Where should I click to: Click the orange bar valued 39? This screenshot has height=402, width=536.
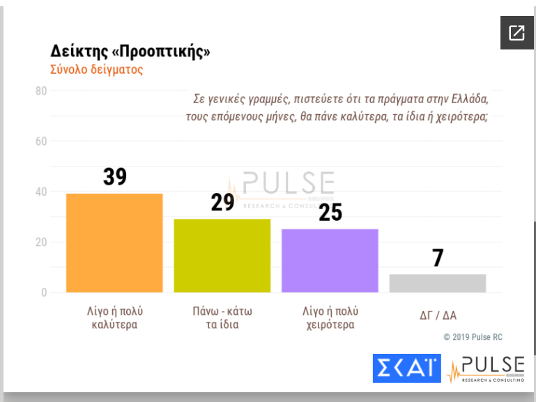pyautogui.click(x=114, y=242)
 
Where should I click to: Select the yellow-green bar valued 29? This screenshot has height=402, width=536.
pyautogui.click(x=222, y=255)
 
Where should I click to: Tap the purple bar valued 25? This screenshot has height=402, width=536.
pyautogui.click(x=330, y=260)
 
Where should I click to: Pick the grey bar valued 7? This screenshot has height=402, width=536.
pyautogui.click(x=437, y=283)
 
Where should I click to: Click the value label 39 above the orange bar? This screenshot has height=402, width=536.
pyautogui.click(x=115, y=177)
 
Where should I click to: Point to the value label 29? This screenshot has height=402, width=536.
pyautogui.click(x=222, y=202)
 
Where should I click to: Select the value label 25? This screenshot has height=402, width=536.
pyautogui.click(x=330, y=212)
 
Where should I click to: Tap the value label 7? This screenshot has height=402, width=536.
pyautogui.click(x=438, y=258)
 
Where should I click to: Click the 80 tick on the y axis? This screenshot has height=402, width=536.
pyautogui.click(x=41, y=91)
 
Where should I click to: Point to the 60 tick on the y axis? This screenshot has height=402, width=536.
pyautogui.click(x=41, y=141)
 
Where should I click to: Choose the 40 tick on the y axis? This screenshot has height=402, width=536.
pyautogui.click(x=41, y=192)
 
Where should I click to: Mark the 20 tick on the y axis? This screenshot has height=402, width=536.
pyautogui.click(x=41, y=242)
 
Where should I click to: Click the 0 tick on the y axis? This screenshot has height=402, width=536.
pyautogui.click(x=44, y=293)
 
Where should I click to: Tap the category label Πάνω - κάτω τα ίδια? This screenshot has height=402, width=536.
pyautogui.click(x=222, y=318)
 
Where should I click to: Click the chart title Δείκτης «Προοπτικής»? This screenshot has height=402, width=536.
pyautogui.click(x=130, y=52)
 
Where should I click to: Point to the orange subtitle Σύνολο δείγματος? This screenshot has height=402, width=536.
pyautogui.click(x=96, y=70)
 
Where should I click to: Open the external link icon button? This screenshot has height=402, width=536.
pyautogui.click(x=516, y=33)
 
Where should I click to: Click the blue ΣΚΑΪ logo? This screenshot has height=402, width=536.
pyautogui.click(x=407, y=369)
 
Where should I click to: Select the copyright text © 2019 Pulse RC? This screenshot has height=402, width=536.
pyautogui.click(x=473, y=337)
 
